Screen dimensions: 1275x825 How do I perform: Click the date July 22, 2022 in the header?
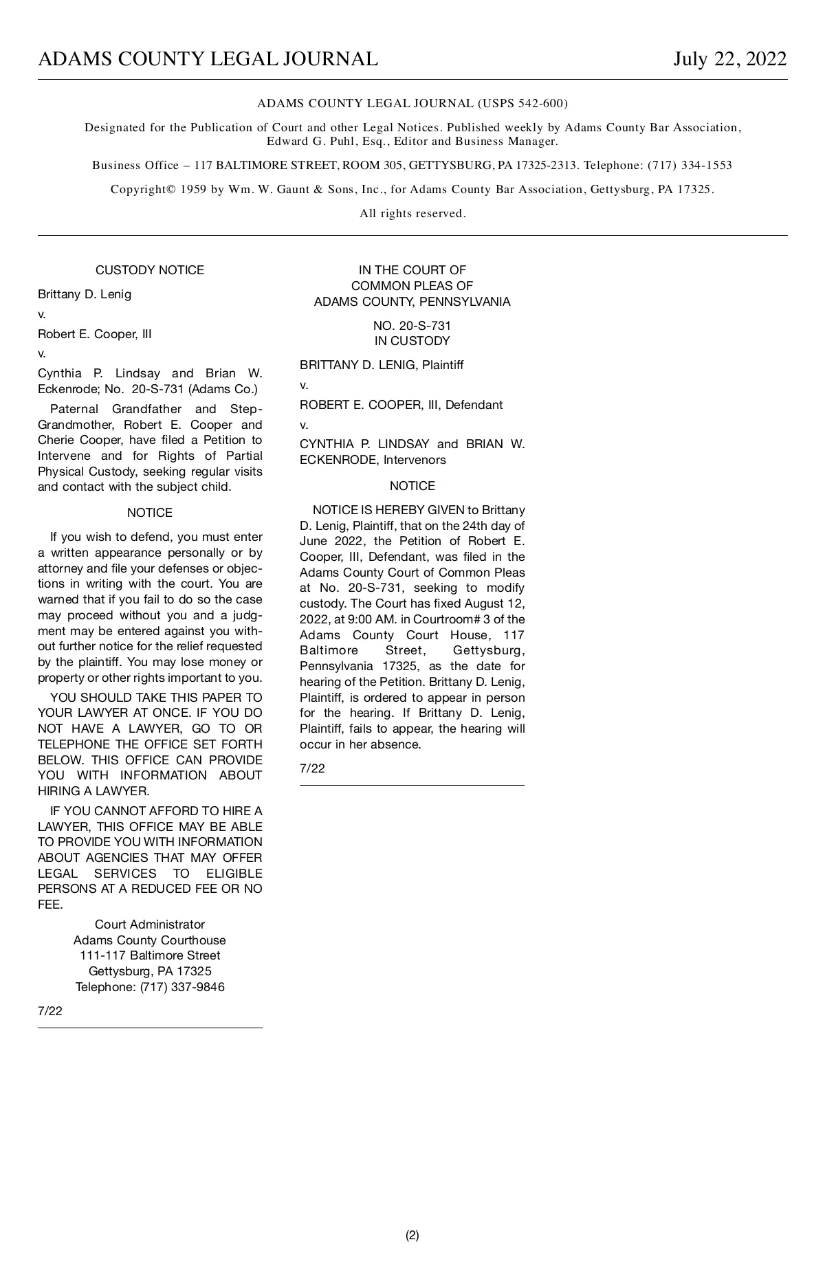click(x=729, y=59)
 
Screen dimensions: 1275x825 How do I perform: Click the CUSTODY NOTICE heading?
click(x=150, y=270)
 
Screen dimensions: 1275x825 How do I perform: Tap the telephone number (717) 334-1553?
click(x=690, y=166)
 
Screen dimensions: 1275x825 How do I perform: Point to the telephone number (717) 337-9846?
click(x=182, y=987)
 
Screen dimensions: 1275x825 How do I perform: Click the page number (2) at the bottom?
click(x=412, y=1235)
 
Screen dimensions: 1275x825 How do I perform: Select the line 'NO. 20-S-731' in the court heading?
click(x=412, y=326)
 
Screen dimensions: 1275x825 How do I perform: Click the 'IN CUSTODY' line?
click(x=412, y=341)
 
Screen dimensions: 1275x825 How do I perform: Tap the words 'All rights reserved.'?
click(x=412, y=214)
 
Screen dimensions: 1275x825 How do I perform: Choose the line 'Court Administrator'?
click(x=150, y=924)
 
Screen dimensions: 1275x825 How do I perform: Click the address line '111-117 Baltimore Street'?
click(x=150, y=955)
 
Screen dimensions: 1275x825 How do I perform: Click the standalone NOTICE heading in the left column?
click(x=150, y=513)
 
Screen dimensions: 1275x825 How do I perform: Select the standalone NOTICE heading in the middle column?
click(x=412, y=486)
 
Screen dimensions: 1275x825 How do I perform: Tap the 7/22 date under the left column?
click(x=50, y=1011)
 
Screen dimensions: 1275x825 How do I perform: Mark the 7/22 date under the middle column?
click(x=312, y=768)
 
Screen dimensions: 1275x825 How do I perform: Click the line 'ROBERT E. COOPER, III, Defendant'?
click(x=401, y=405)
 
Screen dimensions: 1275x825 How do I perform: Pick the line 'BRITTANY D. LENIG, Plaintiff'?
click(x=382, y=365)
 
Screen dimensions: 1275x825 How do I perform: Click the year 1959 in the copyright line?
click(x=193, y=190)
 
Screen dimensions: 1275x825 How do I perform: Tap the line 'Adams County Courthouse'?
click(x=150, y=940)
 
